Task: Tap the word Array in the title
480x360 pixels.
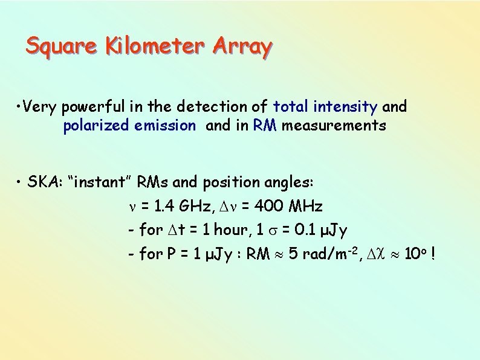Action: coord(242,47)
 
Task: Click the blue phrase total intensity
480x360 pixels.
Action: coord(325,108)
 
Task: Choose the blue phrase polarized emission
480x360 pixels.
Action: coord(129,126)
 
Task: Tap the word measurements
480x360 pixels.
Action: coord(334,126)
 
